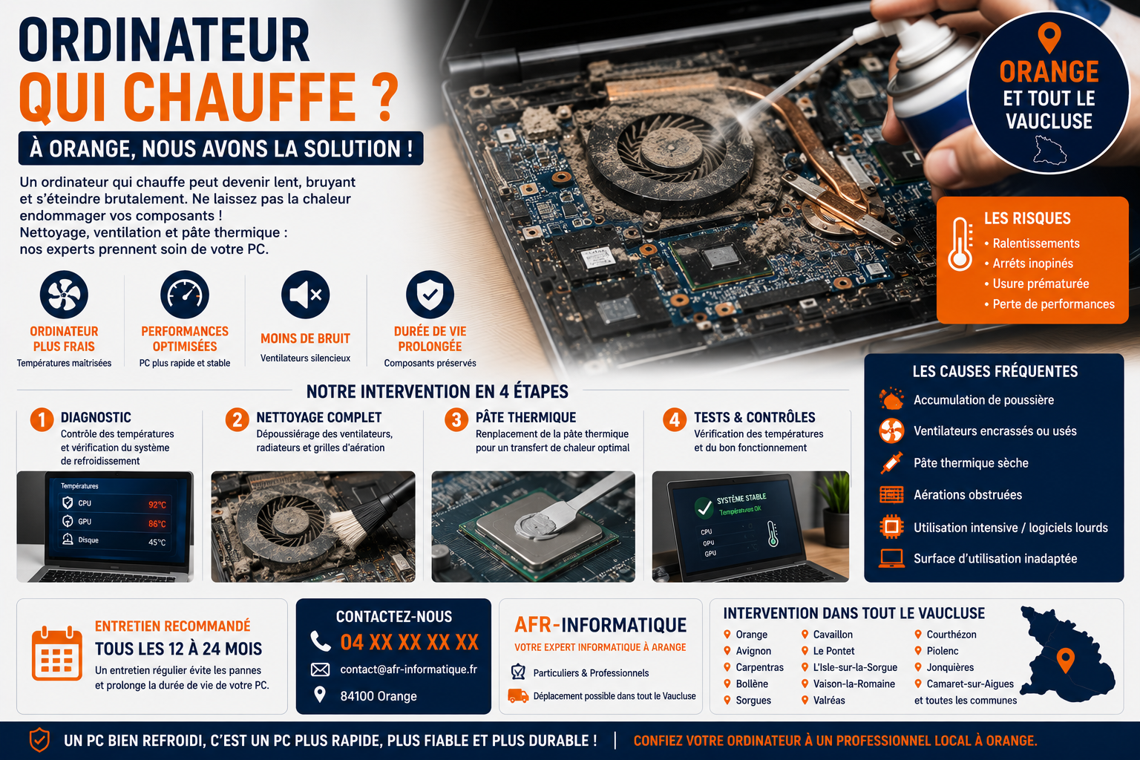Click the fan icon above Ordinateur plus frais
(x=64, y=295)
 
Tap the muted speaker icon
(x=305, y=295)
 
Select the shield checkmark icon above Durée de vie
(x=430, y=295)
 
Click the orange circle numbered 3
(x=456, y=420)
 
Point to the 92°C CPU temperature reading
(x=157, y=505)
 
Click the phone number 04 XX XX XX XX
(x=409, y=643)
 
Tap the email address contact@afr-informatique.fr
(x=409, y=669)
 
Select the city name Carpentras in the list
(x=760, y=667)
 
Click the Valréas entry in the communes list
(x=829, y=700)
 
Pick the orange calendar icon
(x=57, y=654)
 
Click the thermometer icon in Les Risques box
(x=960, y=244)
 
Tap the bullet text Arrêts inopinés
(x=1032, y=263)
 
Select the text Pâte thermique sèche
(x=971, y=462)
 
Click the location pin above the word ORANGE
(x=1049, y=37)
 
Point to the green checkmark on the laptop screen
(x=704, y=508)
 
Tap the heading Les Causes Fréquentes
(x=995, y=372)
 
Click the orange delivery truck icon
(x=518, y=695)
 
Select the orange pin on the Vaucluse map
(x=1065, y=661)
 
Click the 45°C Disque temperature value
(x=157, y=542)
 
